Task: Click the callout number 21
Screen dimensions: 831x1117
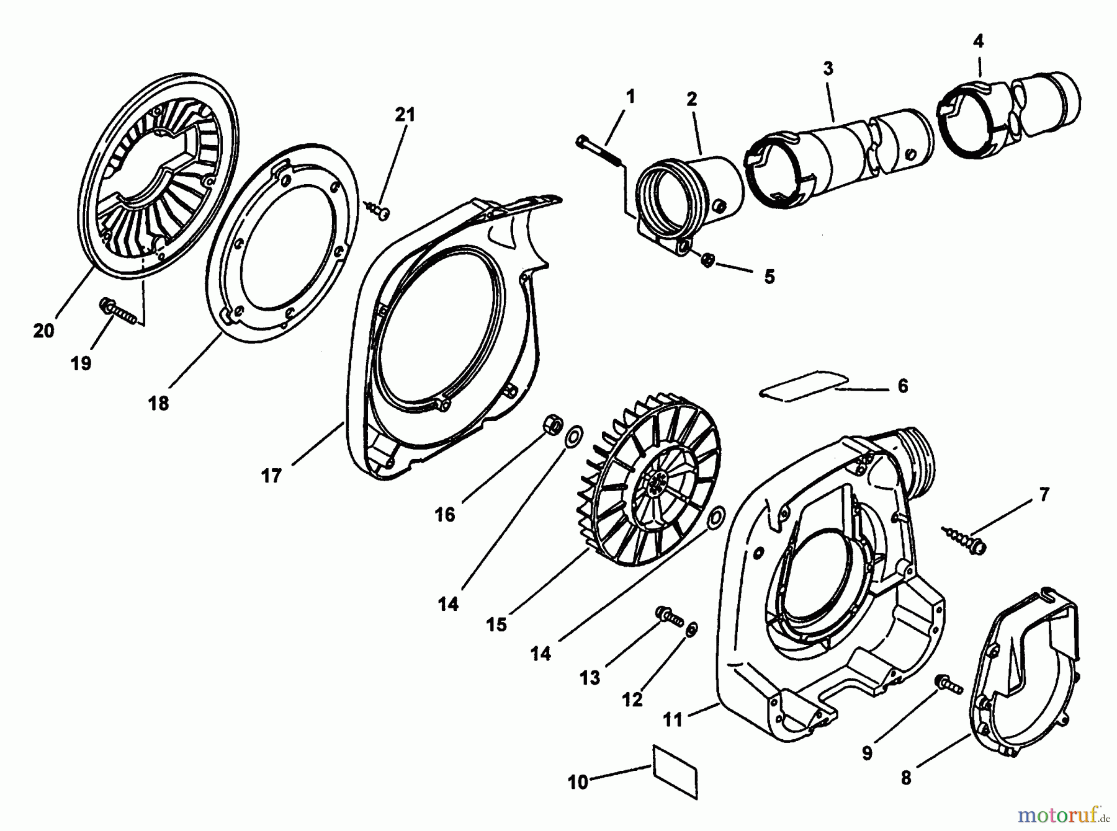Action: pyautogui.click(x=405, y=115)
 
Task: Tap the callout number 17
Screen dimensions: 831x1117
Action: pyautogui.click(x=271, y=476)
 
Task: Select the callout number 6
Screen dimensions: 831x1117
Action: pyautogui.click(x=902, y=386)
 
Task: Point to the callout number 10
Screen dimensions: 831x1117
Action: pyautogui.click(x=577, y=783)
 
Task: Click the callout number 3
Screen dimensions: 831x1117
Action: pyautogui.click(x=828, y=68)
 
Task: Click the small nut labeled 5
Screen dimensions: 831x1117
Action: pyautogui.click(x=706, y=260)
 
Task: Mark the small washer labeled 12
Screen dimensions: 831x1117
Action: pyautogui.click(x=692, y=629)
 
